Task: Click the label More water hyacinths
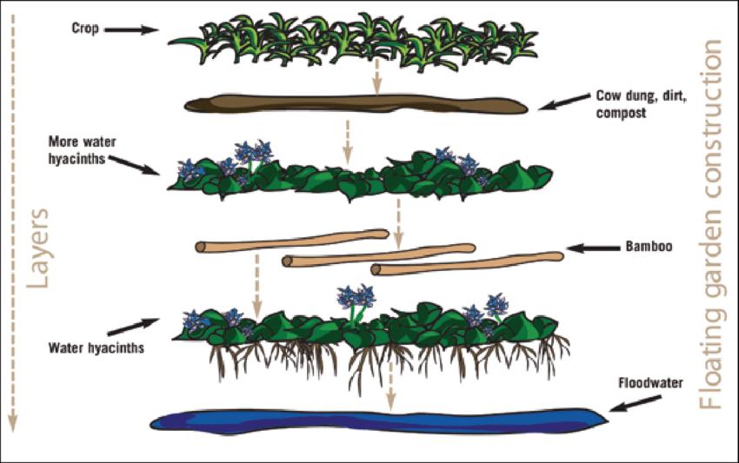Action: pyautogui.click(x=83, y=143)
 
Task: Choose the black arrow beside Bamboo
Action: pyautogui.click(x=592, y=248)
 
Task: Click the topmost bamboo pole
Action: pyautogui.click(x=291, y=240)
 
